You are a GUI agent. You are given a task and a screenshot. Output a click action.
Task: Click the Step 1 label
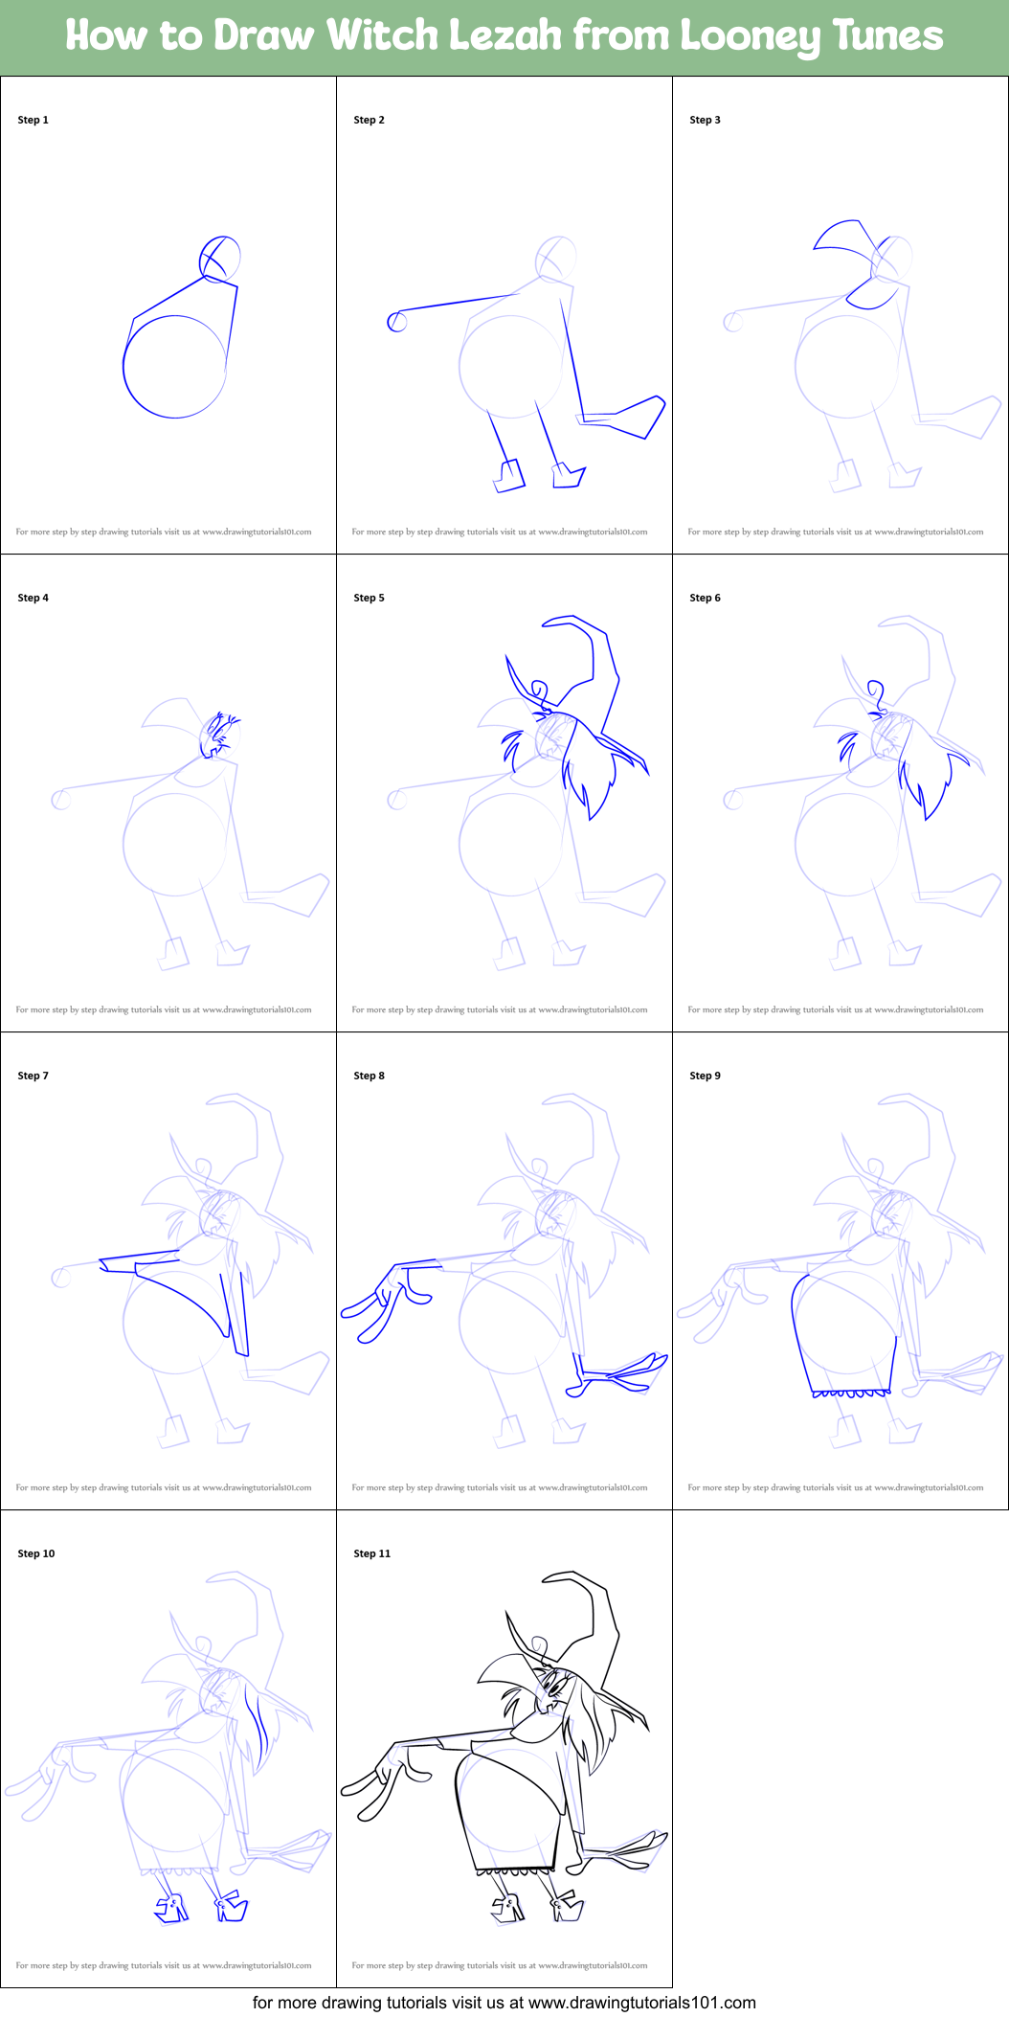[33, 120]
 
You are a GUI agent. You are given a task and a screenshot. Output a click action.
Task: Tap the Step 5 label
[369, 598]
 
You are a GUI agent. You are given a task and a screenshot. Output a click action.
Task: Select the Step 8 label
[369, 1076]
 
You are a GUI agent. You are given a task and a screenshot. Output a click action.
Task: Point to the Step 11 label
[372, 1553]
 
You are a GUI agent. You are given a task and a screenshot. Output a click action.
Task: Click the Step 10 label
[36, 1553]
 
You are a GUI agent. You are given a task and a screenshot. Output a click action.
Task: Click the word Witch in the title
[383, 35]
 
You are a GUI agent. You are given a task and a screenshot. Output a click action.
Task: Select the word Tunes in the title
[887, 35]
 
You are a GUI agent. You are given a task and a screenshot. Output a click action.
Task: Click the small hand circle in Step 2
[396, 322]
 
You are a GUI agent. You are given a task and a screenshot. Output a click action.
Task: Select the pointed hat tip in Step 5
[546, 623]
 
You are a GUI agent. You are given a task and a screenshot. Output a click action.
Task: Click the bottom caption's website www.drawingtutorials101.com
[642, 2002]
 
